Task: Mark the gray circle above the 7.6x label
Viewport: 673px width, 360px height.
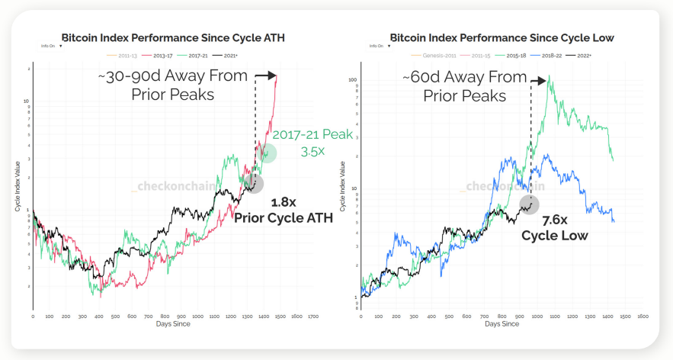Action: (x=530, y=204)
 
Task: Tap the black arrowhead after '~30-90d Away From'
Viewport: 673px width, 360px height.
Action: (x=271, y=76)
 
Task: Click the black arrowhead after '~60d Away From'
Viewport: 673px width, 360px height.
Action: (x=543, y=80)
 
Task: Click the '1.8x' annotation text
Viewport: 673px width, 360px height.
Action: (x=284, y=203)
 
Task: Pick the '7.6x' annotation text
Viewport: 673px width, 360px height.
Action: (x=555, y=220)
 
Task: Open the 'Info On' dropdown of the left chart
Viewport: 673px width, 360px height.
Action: (x=51, y=45)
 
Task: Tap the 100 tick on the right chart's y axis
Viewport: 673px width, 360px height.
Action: (x=353, y=80)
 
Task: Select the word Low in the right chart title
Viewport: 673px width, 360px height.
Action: (x=603, y=37)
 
